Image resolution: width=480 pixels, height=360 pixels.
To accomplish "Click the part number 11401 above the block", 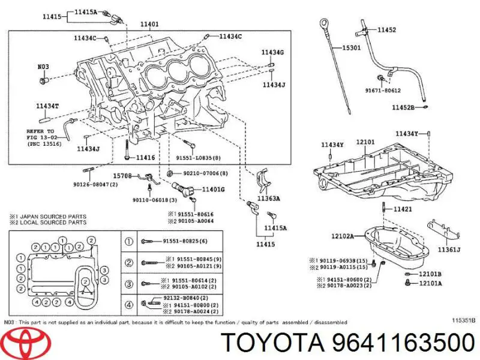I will tap(149, 25).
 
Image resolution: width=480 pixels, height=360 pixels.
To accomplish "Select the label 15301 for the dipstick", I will tap(352, 47).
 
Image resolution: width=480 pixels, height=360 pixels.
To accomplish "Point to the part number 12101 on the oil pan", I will tap(365, 143).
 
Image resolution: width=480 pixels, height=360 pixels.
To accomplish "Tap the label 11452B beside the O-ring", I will tap(403, 107).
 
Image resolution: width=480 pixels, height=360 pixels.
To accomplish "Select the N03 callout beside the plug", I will tap(43, 68).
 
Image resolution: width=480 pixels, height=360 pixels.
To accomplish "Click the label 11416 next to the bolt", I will tap(145, 157).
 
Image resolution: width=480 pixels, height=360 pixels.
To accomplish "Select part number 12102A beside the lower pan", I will tap(343, 236).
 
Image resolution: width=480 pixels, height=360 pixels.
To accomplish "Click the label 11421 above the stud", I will tap(403, 209).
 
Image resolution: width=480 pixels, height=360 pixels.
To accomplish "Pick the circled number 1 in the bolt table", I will tap(128, 242).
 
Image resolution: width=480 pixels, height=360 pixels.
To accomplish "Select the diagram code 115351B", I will tap(463, 320).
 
